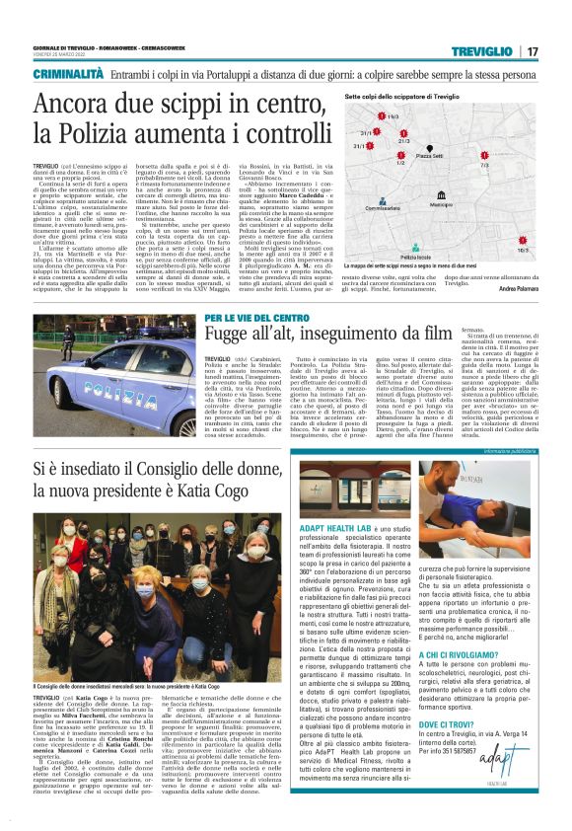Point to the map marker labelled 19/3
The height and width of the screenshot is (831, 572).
click(389, 117)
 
